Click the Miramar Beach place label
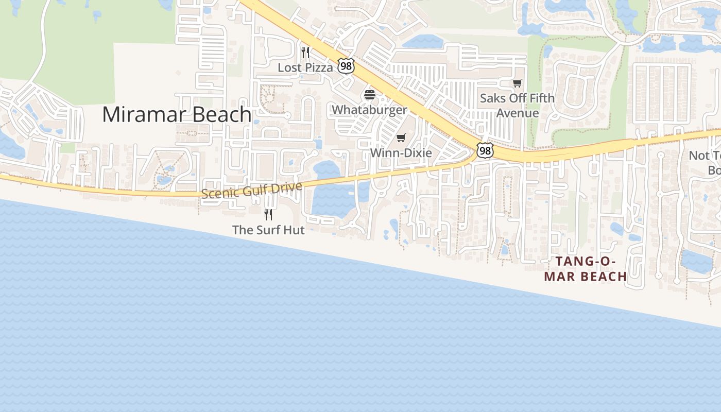pos(177,114)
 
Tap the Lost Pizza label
pos(305,67)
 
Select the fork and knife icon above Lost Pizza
pos(305,52)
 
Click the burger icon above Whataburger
pos(369,95)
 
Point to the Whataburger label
pos(369,110)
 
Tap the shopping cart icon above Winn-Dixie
pos(401,138)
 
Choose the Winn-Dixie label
pos(401,153)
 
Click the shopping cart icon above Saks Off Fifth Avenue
pos(518,83)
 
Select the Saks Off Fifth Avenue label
pos(518,105)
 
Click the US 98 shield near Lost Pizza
pos(346,65)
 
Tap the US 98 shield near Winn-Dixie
pos(485,150)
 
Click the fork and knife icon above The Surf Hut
pos(268,214)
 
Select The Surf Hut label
pos(268,230)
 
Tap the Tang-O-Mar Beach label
pos(586,269)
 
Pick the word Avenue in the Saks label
pos(518,113)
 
